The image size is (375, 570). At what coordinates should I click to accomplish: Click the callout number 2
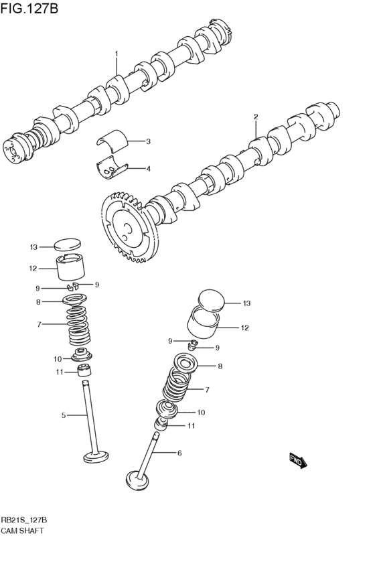tap(255, 117)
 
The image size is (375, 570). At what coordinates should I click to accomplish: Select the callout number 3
tap(148, 141)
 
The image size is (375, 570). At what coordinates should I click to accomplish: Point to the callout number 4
tap(148, 169)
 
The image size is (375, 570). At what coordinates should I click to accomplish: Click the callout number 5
tap(64, 415)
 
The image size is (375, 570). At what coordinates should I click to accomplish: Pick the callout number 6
tap(179, 453)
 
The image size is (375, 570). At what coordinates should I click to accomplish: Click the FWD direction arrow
tap(297, 460)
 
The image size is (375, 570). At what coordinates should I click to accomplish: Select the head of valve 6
tap(136, 479)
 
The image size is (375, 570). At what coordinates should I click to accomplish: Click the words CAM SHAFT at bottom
tap(22, 530)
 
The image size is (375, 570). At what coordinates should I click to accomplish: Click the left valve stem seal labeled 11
tap(86, 370)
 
